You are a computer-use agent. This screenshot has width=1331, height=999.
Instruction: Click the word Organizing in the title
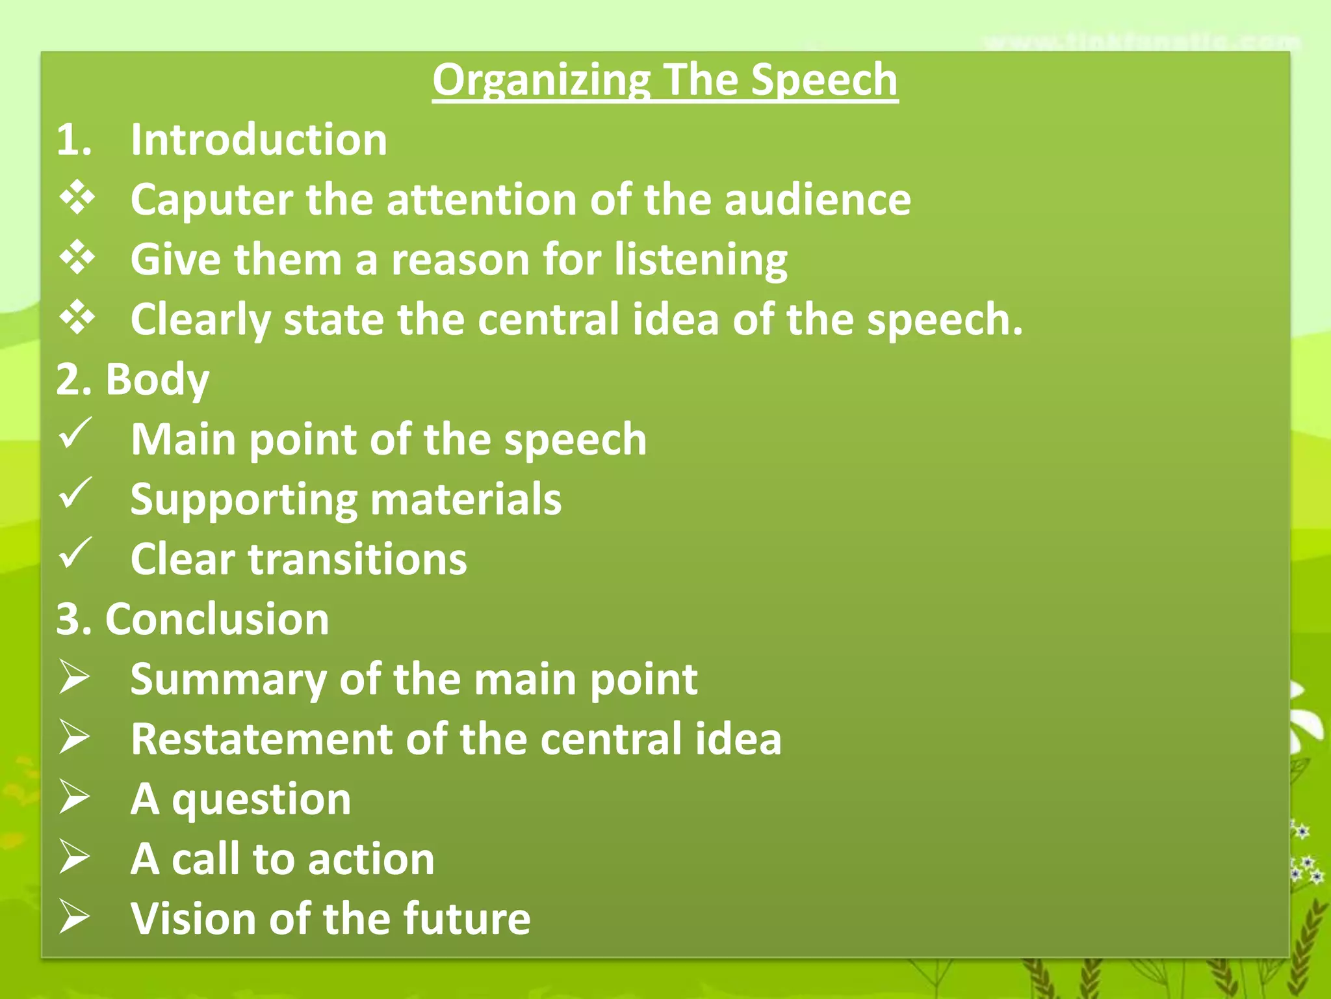pos(541,81)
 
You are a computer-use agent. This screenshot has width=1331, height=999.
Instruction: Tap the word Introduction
pos(259,140)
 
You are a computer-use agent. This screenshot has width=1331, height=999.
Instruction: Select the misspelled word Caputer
pos(211,200)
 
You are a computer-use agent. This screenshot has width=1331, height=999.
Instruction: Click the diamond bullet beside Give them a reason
pos(77,258)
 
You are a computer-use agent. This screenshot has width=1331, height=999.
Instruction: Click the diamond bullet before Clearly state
pos(77,317)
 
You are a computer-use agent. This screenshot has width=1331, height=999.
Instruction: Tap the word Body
pos(157,380)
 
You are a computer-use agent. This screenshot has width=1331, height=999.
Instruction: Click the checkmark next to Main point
pos(75,434)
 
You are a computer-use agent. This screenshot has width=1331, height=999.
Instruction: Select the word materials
pos(466,499)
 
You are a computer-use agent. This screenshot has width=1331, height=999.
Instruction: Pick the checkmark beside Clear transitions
pos(75,553)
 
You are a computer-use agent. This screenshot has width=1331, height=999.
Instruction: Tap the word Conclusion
pos(217,619)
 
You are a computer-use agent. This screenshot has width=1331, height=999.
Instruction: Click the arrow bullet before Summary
pos(74,677)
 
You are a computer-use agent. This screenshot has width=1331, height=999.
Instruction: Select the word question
pos(261,801)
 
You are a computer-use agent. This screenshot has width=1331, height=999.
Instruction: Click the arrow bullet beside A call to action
pos(74,857)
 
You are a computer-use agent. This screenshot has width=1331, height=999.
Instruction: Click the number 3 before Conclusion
pos(68,619)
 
